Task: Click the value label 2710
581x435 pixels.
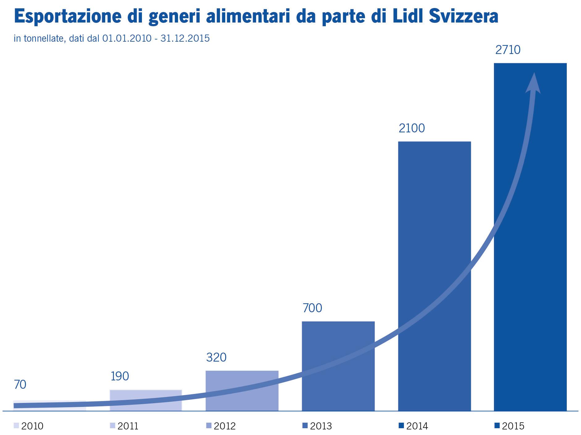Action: click(508, 50)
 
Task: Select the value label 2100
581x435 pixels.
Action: click(412, 128)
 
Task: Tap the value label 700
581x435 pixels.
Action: click(312, 308)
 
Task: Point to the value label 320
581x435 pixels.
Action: click(216, 358)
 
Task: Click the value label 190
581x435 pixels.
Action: click(120, 376)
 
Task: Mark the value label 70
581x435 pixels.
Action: click(20, 385)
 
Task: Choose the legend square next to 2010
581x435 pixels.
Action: click(16, 426)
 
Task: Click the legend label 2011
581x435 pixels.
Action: click(128, 426)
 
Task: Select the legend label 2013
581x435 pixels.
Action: click(321, 426)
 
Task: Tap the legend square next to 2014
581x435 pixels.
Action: click(401, 426)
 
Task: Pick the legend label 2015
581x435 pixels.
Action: click(513, 426)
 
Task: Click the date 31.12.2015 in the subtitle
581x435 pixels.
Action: click(185, 38)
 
